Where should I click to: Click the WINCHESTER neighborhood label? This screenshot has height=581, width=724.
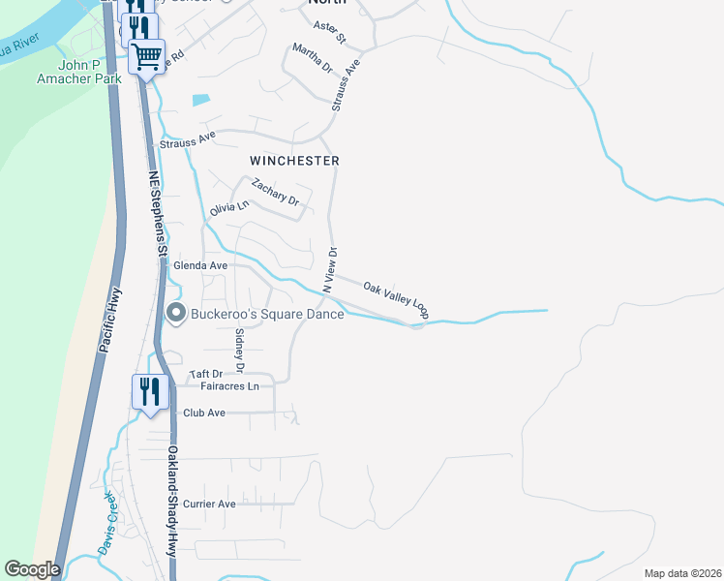point(294,160)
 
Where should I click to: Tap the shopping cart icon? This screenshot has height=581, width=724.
point(147,56)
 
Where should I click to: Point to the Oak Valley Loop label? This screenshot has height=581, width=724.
point(396,300)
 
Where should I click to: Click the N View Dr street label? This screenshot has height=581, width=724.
point(329,270)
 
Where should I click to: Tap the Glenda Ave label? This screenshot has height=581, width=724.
point(200,265)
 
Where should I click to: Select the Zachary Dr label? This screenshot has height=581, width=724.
point(276,192)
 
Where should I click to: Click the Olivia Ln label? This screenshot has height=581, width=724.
point(229,206)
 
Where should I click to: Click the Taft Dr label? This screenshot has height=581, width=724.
point(206,374)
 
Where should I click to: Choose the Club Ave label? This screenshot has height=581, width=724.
point(204,413)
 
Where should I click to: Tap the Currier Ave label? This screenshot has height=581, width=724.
point(212,505)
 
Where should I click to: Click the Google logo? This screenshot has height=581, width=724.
point(32,569)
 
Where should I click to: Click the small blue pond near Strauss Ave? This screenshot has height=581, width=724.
point(200,99)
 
